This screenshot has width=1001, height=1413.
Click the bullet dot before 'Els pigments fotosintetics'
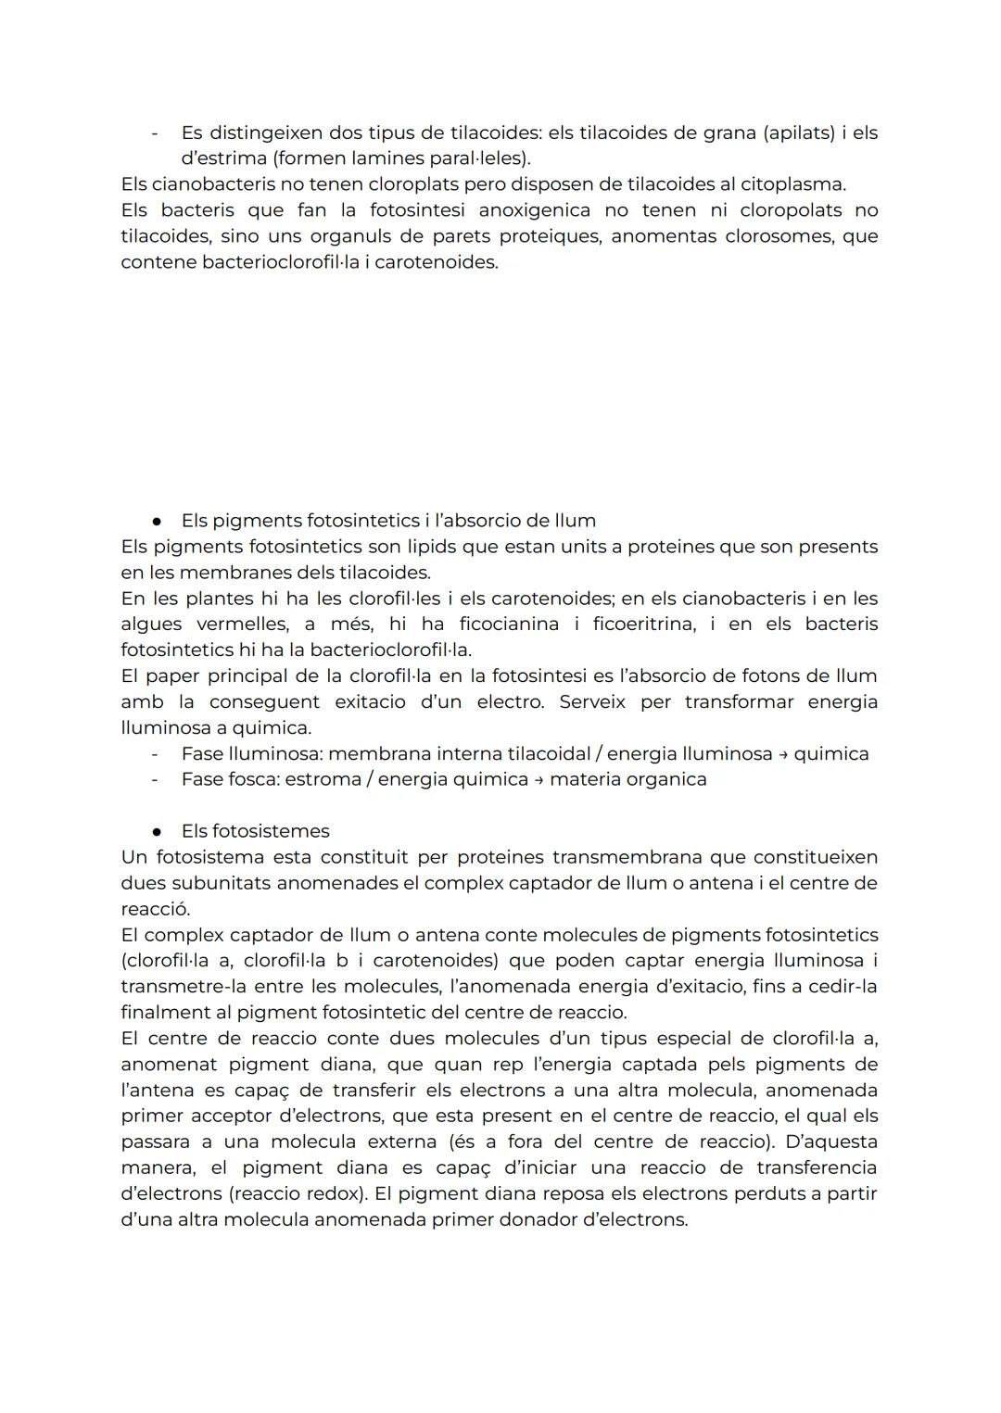(x=158, y=521)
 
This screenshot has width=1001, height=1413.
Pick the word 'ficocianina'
(x=509, y=624)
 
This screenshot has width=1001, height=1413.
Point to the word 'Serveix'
(x=592, y=702)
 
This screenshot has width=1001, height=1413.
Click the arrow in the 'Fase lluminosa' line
(x=783, y=754)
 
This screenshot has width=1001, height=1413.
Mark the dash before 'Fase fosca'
(x=155, y=779)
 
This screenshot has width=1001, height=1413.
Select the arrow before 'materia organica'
(x=539, y=780)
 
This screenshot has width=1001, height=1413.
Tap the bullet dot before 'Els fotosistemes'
(x=158, y=832)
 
